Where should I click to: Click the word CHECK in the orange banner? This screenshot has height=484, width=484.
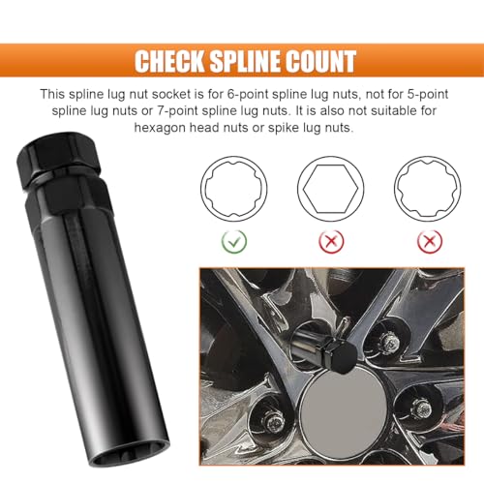point(170,61)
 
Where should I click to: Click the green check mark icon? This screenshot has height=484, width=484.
point(234,241)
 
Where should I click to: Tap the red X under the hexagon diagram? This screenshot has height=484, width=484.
point(331,241)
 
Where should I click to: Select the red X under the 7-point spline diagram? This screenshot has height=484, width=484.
point(430,241)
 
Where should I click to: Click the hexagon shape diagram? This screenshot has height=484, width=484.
point(331,189)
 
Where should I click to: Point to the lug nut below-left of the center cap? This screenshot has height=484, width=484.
point(273,422)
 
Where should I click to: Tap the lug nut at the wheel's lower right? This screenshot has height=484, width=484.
point(421,409)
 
